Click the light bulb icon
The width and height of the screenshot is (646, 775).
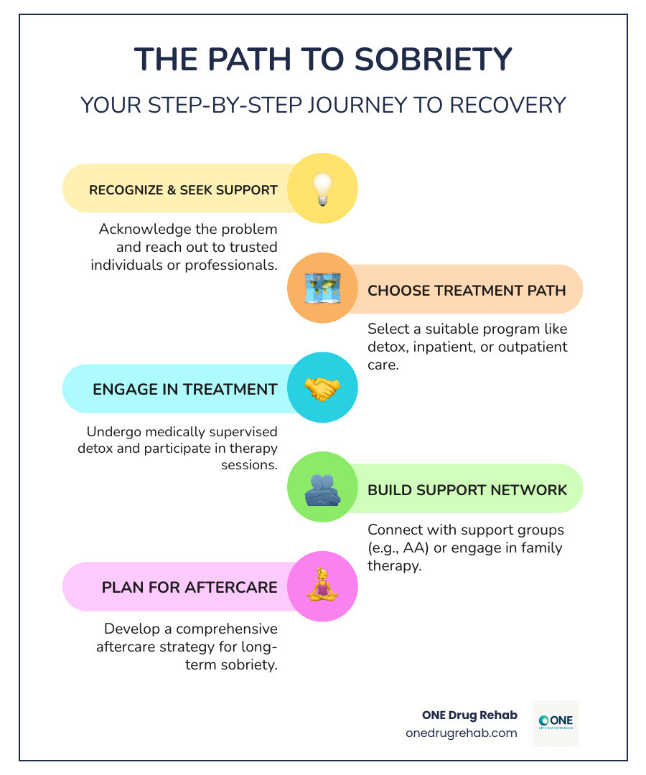coord(322,189)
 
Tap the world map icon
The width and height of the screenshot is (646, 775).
coord(322,288)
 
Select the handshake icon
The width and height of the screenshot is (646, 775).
coord(322,388)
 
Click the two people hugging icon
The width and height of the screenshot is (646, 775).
coord(322,489)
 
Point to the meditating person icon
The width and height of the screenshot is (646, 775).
coord(322,586)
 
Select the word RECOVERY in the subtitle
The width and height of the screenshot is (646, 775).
coord(507,105)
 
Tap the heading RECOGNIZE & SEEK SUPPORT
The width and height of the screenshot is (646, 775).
coord(183,190)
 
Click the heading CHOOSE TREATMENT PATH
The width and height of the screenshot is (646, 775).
coord(467,291)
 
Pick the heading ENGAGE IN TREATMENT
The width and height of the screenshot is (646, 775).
coord(185,390)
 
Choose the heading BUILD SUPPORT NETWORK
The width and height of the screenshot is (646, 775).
coord(467,490)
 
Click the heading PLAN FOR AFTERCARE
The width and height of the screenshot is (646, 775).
coord(189,588)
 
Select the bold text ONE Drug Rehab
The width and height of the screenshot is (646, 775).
coord(469,715)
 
